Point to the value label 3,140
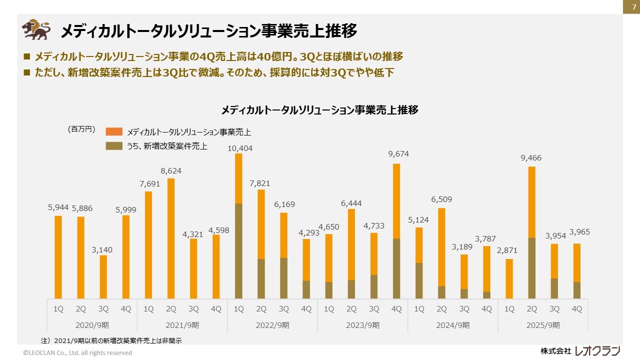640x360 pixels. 102,249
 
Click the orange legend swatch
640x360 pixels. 113,131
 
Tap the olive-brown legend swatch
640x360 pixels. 113,146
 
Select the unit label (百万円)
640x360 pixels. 81,129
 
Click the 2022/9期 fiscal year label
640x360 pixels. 272,325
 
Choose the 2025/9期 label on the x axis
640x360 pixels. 543,325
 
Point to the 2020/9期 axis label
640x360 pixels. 92,325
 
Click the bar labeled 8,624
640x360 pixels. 171,238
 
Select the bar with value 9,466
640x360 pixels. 532,232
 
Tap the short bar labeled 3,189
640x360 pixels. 464,276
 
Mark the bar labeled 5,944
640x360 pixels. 58,257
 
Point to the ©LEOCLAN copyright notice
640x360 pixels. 77,352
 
